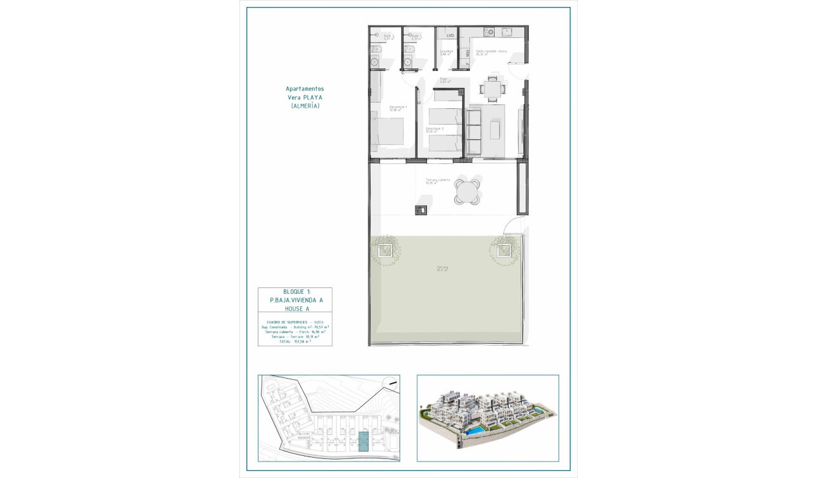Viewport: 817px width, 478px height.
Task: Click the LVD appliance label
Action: (x=450, y=35)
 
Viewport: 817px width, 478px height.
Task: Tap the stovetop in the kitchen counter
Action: (x=490, y=32)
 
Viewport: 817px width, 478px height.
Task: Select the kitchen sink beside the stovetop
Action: (x=507, y=32)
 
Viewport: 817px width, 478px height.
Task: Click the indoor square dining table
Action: (x=492, y=88)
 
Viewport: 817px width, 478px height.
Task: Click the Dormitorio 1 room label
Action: (x=398, y=108)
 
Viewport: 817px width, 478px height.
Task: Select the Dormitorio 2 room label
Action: (x=434, y=130)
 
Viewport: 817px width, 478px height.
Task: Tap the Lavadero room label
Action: (x=446, y=52)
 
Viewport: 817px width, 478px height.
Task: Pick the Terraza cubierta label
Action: (x=438, y=180)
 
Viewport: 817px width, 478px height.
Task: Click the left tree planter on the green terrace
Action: (x=384, y=250)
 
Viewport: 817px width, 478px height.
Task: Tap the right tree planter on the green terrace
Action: (x=503, y=250)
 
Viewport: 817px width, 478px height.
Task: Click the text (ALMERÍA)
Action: (x=305, y=106)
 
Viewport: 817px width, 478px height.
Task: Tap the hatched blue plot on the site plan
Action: (x=364, y=441)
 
